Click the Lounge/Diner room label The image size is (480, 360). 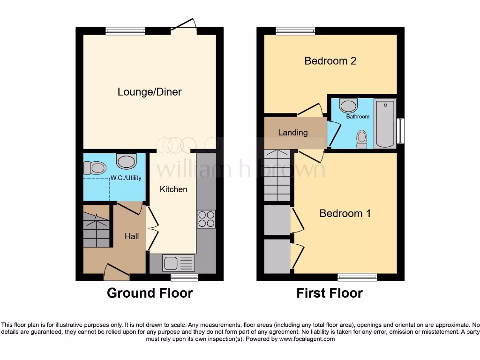[x=149, y=92]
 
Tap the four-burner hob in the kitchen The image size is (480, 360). [x=206, y=219]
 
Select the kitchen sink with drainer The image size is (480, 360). [x=178, y=263]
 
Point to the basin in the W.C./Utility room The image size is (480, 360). [x=126, y=161]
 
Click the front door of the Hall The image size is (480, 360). [x=116, y=271]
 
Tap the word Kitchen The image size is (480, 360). [x=173, y=189]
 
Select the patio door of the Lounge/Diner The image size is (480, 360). [x=184, y=29]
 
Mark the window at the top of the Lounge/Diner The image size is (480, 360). [x=125, y=31]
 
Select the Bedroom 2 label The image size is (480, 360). [x=330, y=61]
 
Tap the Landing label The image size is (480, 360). [x=293, y=133]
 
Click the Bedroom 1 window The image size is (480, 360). [x=357, y=277]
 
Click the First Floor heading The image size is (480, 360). [x=330, y=293]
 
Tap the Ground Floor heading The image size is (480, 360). [x=150, y=293]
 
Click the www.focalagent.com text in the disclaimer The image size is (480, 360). [x=307, y=339]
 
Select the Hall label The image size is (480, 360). [x=132, y=237]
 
